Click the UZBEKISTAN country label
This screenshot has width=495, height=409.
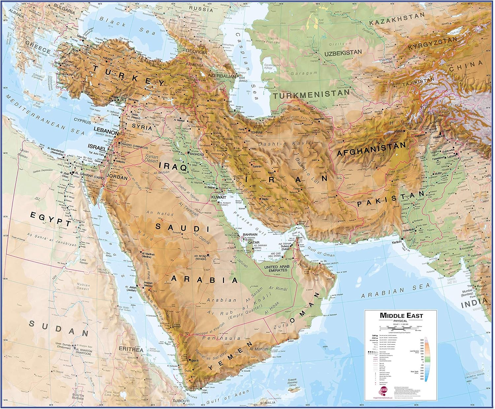343,53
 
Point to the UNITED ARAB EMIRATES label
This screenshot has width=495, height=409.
279,268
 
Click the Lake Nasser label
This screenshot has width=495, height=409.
84,262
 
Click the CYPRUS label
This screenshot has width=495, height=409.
82,121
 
